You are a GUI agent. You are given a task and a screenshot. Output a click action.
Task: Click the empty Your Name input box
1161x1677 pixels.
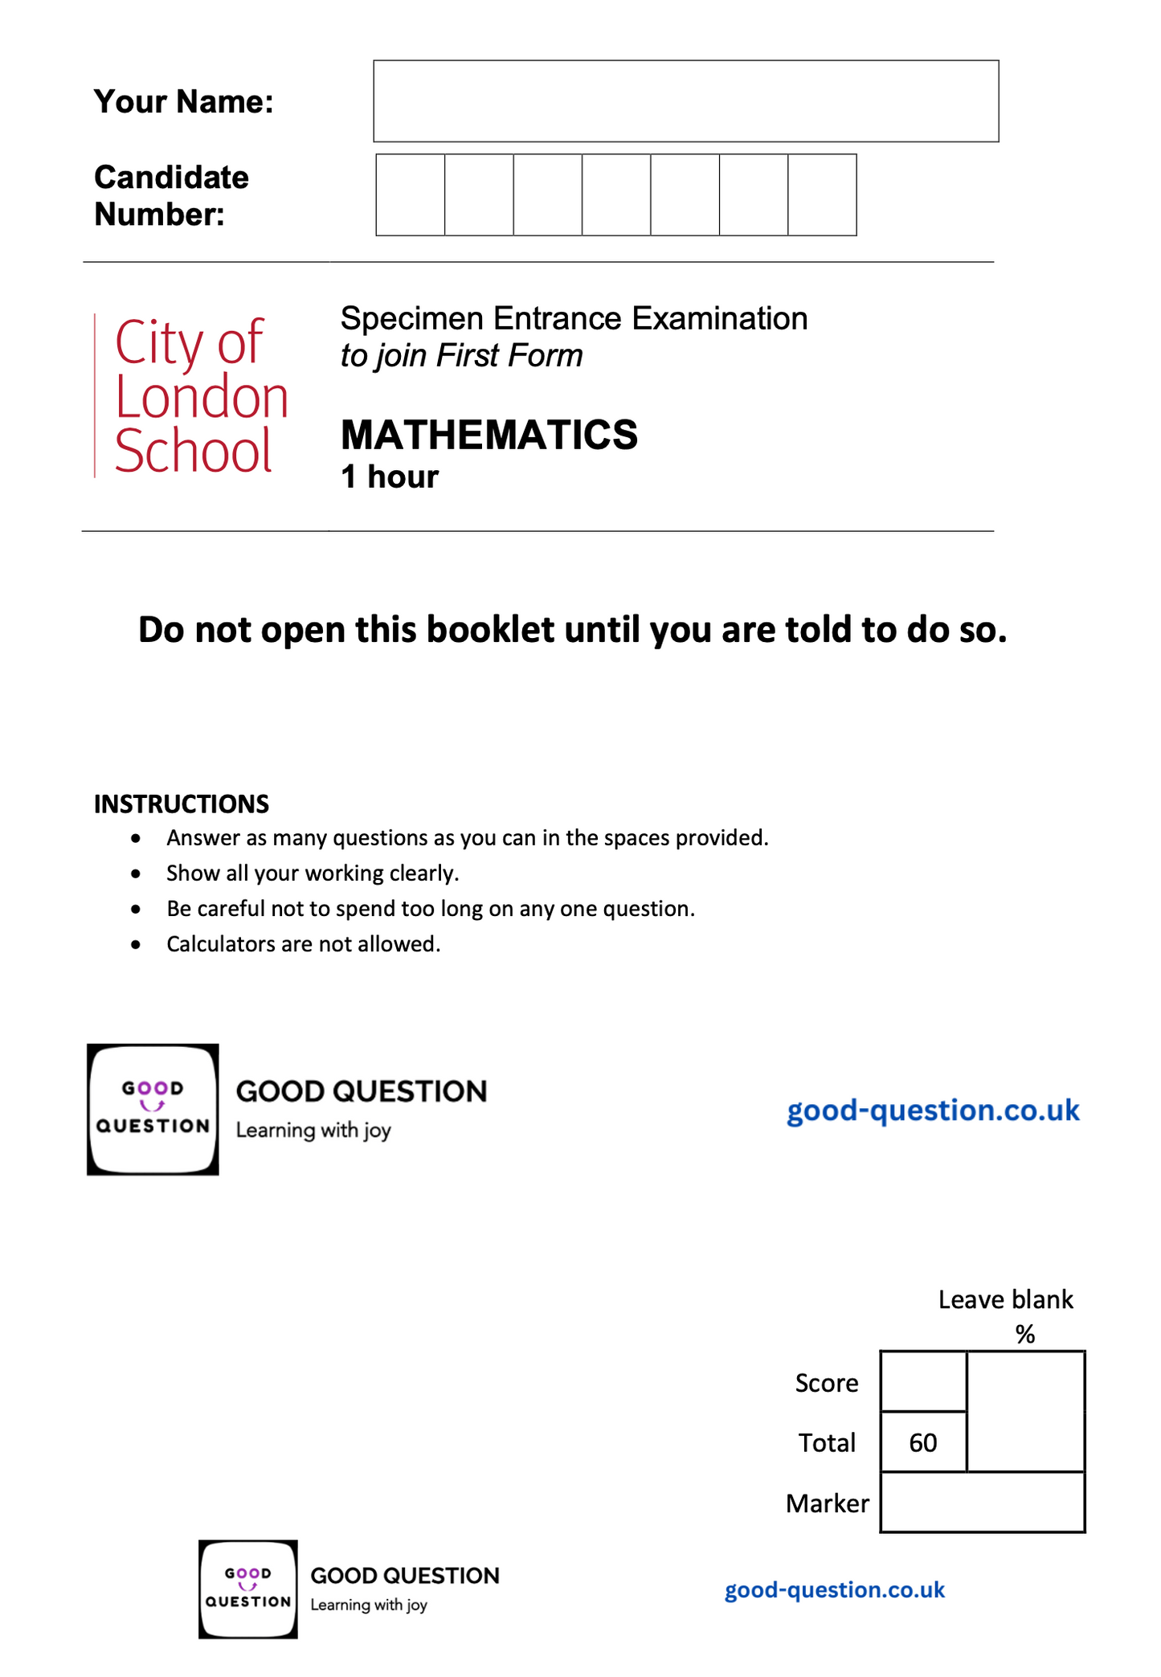click(x=685, y=101)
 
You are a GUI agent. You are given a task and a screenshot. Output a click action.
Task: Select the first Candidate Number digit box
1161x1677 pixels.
click(x=411, y=195)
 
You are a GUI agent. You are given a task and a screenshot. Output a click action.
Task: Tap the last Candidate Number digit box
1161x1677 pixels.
click(x=822, y=195)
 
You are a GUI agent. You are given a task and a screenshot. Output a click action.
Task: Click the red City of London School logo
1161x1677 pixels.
click(x=193, y=396)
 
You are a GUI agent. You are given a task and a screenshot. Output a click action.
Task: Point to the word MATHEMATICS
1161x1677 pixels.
click(x=489, y=435)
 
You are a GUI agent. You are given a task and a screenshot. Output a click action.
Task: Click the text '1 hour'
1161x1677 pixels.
click(x=390, y=477)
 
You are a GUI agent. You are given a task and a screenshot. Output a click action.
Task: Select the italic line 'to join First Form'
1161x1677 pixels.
click(x=461, y=356)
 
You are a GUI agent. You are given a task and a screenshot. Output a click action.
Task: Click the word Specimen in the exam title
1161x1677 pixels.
click(x=411, y=319)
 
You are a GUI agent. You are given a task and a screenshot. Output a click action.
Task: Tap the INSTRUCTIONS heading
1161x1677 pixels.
click(x=182, y=804)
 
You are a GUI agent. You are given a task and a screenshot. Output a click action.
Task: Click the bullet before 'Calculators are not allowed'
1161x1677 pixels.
click(x=137, y=945)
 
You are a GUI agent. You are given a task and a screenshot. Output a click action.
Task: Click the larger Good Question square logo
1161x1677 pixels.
click(x=153, y=1110)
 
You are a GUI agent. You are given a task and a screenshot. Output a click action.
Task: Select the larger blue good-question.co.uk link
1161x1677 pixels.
click(x=933, y=1111)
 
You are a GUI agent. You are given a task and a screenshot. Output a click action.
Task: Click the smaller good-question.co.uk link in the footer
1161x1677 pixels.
click(x=834, y=1590)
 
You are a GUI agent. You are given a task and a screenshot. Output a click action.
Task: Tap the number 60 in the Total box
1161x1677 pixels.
click(x=923, y=1443)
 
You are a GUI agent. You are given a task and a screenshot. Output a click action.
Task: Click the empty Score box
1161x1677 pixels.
click(x=923, y=1382)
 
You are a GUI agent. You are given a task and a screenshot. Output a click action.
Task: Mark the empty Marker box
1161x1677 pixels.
click(x=982, y=1503)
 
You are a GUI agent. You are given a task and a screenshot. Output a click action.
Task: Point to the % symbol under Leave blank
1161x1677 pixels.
click(x=1024, y=1335)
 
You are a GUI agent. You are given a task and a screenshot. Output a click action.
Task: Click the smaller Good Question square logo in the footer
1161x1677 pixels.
click(x=248, y=1589)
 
